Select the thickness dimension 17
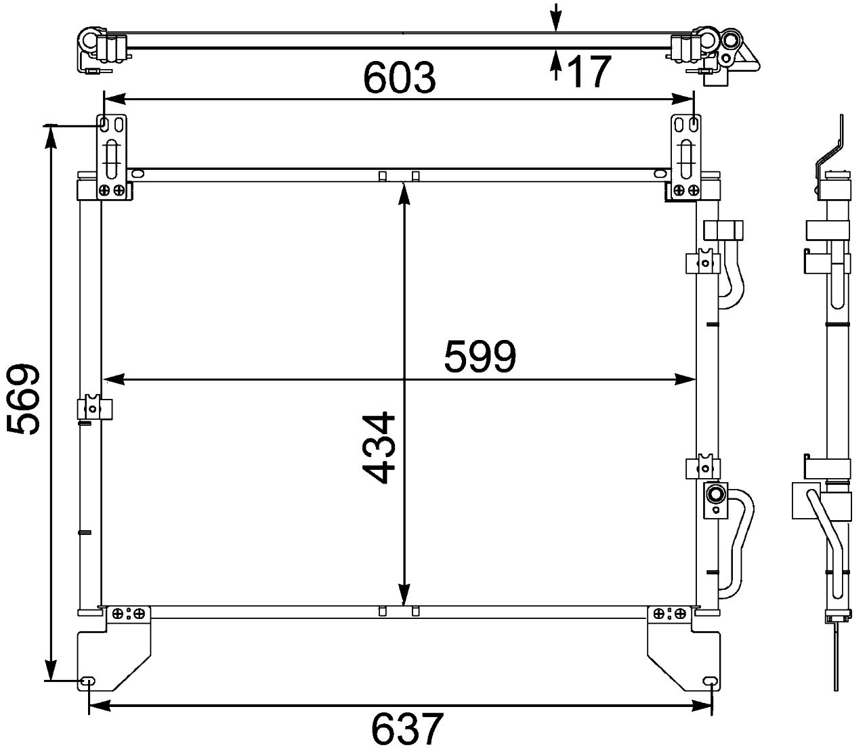(589, 71)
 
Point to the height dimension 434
(378, 447)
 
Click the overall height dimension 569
(24, 400)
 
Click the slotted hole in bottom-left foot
(87, 681)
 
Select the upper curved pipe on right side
(732, 271)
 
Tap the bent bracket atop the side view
(832, 146)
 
